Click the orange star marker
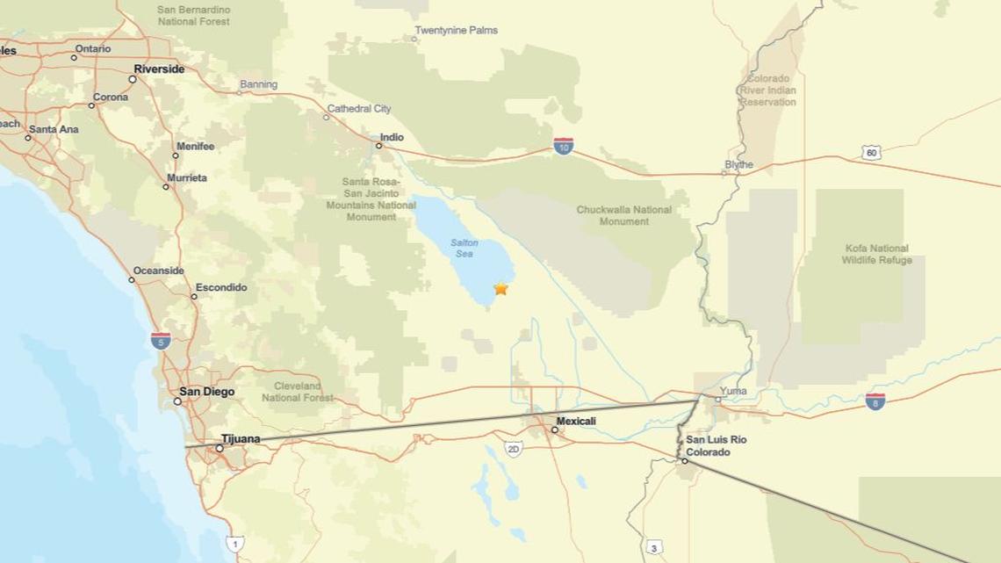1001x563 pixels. pyautogui.click(x=500, y=288)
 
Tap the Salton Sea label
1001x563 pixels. pyautogui.click(x=464, y=248)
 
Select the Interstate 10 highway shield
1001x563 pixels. pyautogui.click(x=564, y=146)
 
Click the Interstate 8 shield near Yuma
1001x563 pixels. pyautogui.click(x=875, y=401)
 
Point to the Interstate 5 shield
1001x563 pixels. pyautogui.click(x=160, y=341)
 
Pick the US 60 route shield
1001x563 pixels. pyautogui.click(x=870, y=153)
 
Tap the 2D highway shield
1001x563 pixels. pyautogui.click(x=514, y=450)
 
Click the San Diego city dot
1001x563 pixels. pyautogui.click(x=177, y=401)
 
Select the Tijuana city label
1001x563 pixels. pyautogui.click(x=241, y=439)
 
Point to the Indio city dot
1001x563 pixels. pyautogui.click(x=379, y=146)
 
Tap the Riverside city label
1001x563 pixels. pyautogui.click(x=159, y=69)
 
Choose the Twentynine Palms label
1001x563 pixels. pyautogui.click(x=456, y=30)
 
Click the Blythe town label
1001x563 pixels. pyautogui.click(x=738, y=164)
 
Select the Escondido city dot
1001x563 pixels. pyautogui.click(x=194, y=296)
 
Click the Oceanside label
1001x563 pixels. pyautogui.click(x=158, y=271)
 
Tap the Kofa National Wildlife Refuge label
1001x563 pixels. pyautogui.click(x=876, y=254)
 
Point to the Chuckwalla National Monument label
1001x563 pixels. pyautogui.click(x=623, y=215)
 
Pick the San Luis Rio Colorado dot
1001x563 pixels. pyautogui.click(x=685, y=460)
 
